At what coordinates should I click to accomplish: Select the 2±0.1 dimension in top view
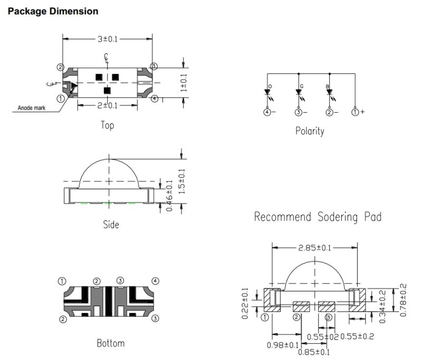pyautogui.click(x=108, y=106)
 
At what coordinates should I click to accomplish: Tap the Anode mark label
pyautogui.click(x=32, y=108)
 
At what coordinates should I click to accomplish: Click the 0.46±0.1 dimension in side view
pyautogui.click(x=169, y=195)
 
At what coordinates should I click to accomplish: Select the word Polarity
pyautogui.click(x=310, y=131)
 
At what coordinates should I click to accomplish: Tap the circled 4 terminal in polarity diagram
pyautogui.click(x=268, y=112)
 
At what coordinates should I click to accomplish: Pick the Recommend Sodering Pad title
pyautogui.click(x=318, y=217)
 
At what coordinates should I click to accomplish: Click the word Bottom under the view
pyautogui.click(x=111, y=343)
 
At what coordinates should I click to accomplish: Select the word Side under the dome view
pyautogui.click(x=111, y=225)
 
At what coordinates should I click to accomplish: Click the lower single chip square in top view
pyautogui.click(x=107, y=91)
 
